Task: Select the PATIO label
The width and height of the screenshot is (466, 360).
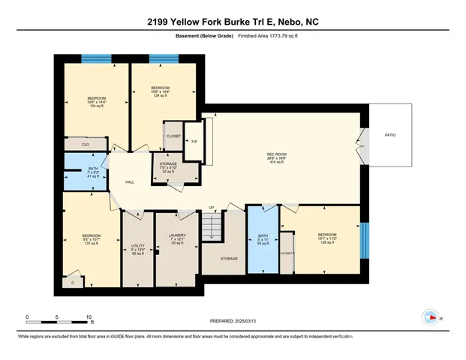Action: tap(390, 135)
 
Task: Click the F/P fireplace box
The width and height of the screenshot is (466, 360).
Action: tap(194, 141)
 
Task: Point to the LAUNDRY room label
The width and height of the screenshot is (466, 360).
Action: tap(177, 238)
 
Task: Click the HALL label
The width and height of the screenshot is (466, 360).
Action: tap(129, 182)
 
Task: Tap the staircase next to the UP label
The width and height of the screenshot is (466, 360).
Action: tap(215, 226)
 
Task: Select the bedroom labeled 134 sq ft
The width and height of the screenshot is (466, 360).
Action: tap(96, 101)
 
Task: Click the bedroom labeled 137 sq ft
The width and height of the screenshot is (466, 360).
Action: tap(91, 240)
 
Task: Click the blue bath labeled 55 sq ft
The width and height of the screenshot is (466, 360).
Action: tap(263, 240)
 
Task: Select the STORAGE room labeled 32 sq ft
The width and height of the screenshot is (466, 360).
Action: tap(176, 168)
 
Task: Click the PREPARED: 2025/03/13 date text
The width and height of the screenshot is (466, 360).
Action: tap(233, 321)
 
